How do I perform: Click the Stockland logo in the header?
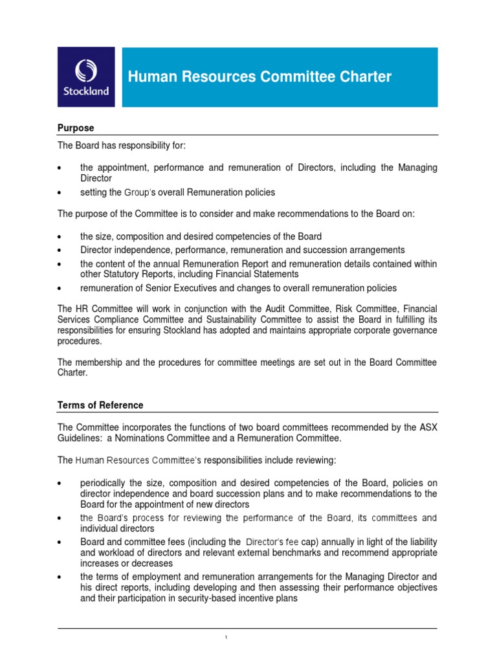coord(85,77)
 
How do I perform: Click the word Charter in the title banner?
coord(363,77)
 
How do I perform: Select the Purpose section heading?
coord(76,128)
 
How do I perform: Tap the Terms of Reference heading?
coord(100,405)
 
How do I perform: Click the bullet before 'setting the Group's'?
coord(60,193)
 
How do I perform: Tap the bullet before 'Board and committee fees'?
coord(60,542)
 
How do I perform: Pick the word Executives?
coord(201,287)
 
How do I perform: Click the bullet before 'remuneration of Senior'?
coord(60,288)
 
